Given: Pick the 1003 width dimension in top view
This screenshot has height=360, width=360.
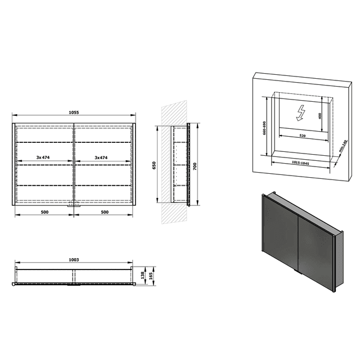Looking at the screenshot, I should point(74,260).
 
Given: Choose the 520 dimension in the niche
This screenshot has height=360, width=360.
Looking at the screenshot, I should point(301,136).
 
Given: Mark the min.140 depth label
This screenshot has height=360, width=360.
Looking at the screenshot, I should point(344,147).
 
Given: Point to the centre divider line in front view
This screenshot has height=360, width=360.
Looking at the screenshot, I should point(73,163).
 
